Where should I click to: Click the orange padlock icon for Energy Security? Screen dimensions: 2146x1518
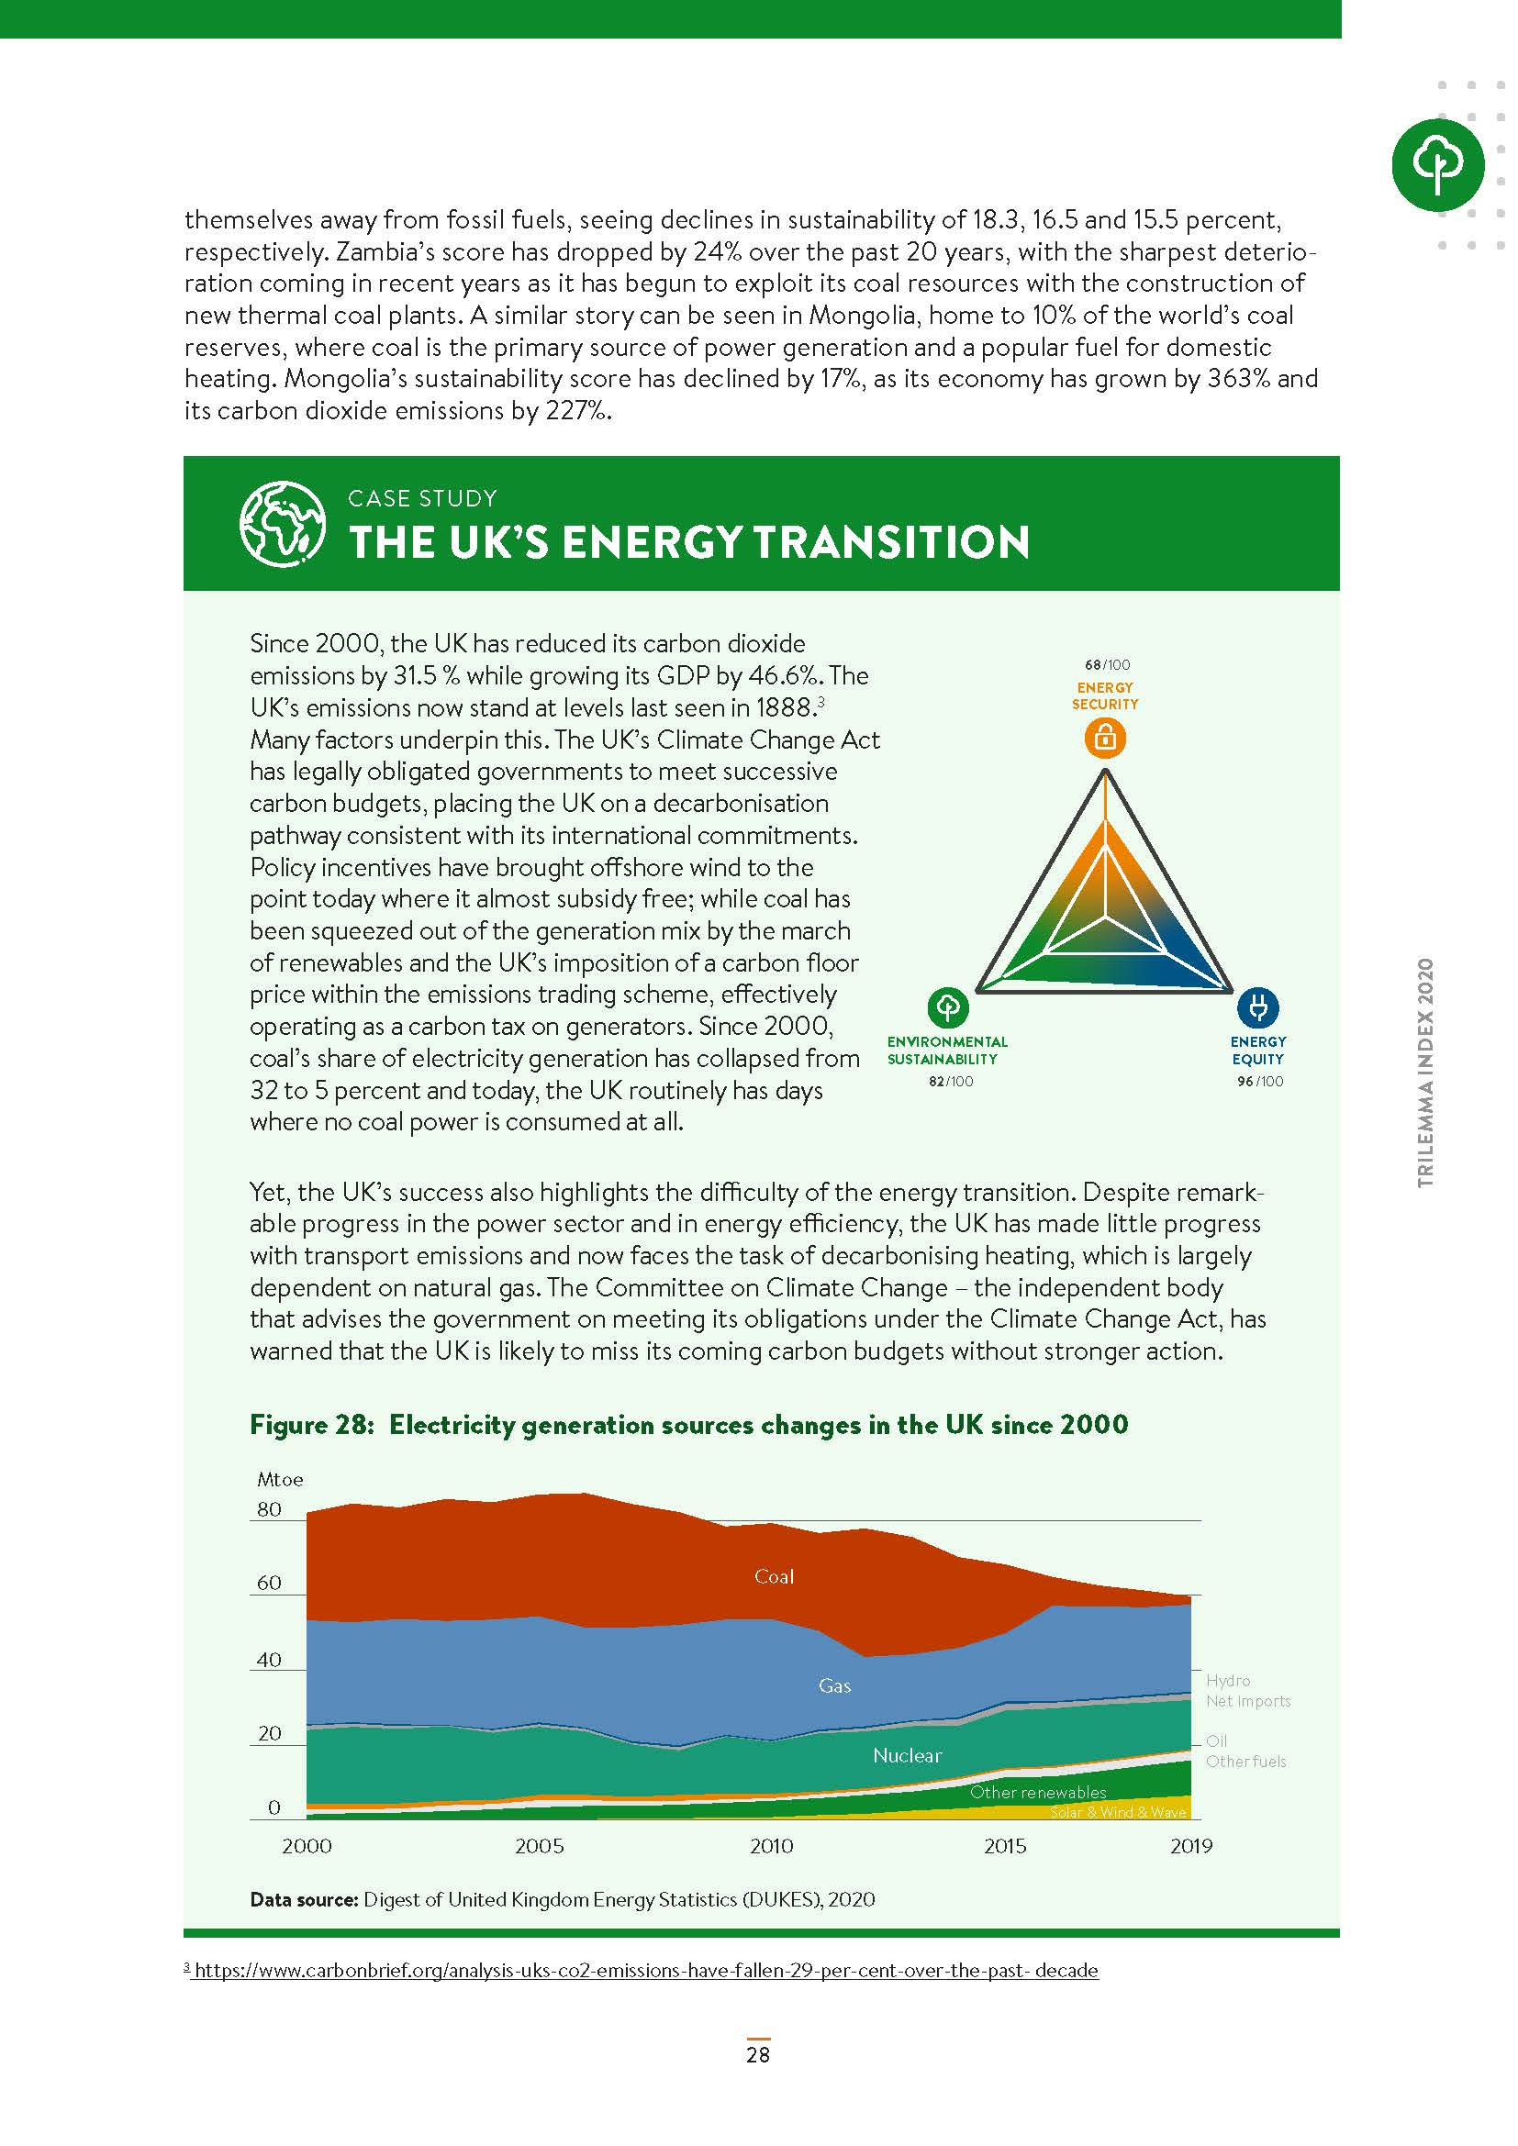(x=1105, y=738)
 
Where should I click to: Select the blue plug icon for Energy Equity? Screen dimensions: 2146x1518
(x=1257, y=1007)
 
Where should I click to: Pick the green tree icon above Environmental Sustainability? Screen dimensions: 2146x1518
(x=948, y=1007)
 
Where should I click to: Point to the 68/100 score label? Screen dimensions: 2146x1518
(x=1107, y=664)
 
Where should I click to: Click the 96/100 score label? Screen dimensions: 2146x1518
(x=1259, y=1082)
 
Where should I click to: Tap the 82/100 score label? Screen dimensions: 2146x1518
(x=950, y=1082)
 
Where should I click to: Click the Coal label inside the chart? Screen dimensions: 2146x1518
(x=774, y=1577)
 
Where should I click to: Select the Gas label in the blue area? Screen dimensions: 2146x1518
(x=834, y=1686)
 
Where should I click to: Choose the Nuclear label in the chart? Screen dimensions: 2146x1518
(x=907, y=1755)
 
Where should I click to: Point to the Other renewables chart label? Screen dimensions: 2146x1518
(x=1038, y=1792)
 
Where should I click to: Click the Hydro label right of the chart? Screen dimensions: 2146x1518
(x=1227, y=1680)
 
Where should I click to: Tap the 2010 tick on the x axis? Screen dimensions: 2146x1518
(x=771, y=1846)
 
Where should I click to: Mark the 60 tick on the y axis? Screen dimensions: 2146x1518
(x=269, y=1583)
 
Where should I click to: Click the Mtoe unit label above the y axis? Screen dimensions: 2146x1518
(x=281, y=1480)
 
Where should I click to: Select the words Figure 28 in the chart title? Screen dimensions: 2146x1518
(x=312, y=1425)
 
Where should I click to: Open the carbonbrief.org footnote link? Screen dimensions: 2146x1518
(x=646, y=1970)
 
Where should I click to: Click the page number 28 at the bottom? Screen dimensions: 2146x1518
(x=758, y=2054)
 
